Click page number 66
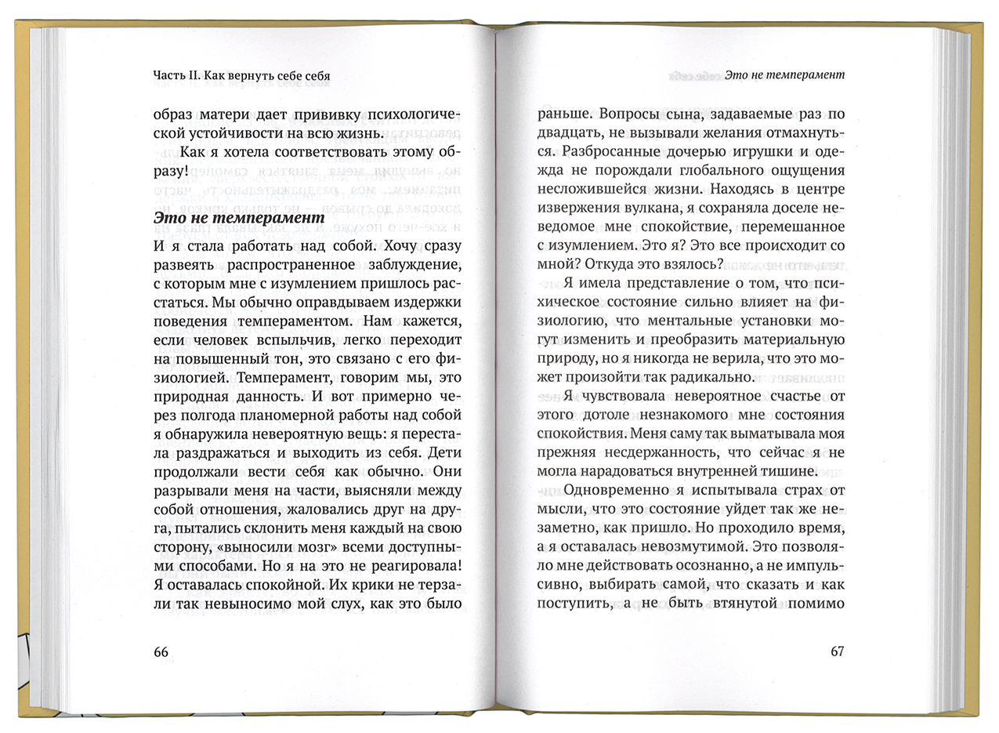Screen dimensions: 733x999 (161, 652)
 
